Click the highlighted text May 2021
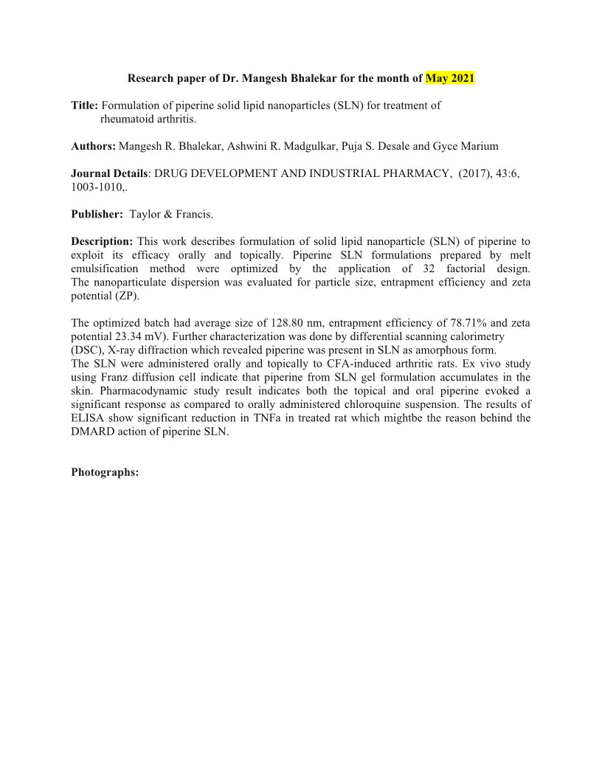coord(450,78)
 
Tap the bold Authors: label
coord(93,147)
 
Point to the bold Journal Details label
coord(109,173)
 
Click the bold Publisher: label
coord(97,215)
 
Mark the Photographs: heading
coord(105,472)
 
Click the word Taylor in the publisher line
coord(145,215)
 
